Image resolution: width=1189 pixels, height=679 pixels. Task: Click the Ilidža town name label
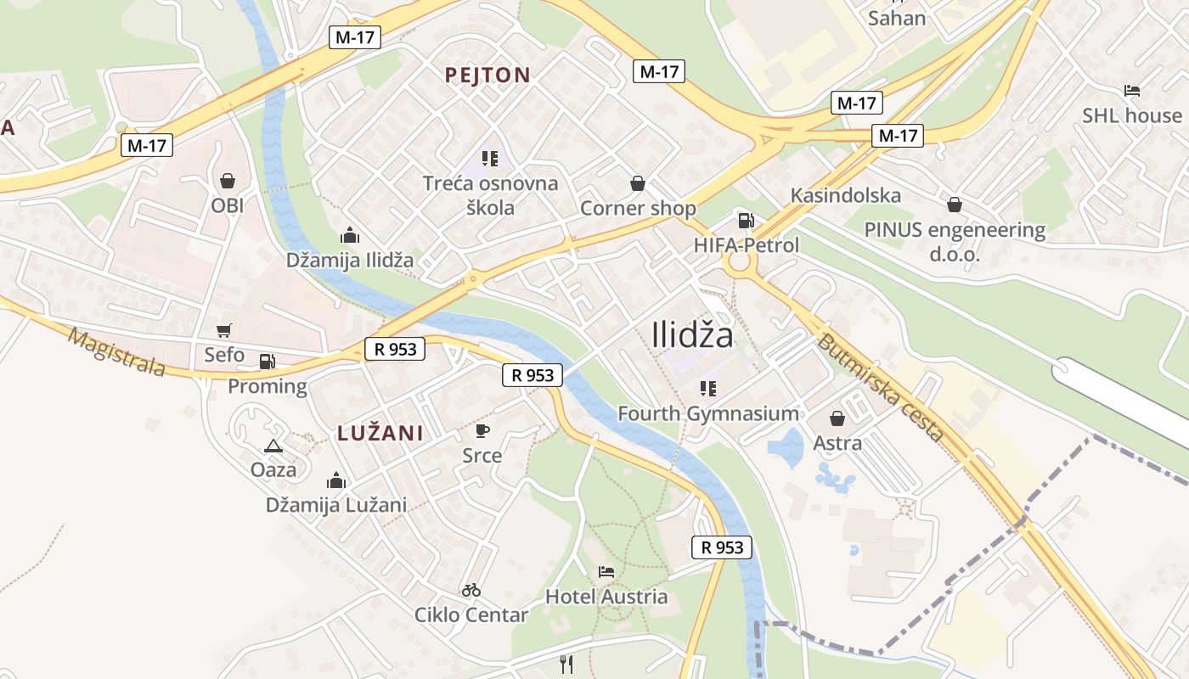[x=692, y=335]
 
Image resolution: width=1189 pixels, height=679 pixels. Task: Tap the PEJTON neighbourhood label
[x=487, y=75]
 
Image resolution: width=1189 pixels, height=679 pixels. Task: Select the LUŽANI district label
[x=380, y=433]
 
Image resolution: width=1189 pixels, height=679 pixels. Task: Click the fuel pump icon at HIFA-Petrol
[x=746, y=221]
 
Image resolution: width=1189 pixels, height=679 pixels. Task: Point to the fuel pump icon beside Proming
[x=267, y=362]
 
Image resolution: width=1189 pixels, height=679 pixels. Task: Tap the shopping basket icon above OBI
[x=227, y=181]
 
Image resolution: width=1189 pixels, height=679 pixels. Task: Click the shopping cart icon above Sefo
[x=223, y=331]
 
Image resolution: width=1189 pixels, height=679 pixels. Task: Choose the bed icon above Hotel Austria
[x=606, y=572]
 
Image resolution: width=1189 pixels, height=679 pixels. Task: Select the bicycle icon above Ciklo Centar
[x=471, y=590]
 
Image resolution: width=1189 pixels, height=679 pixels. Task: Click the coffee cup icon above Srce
[x=482, y=431]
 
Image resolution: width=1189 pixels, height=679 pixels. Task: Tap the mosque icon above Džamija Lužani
[x=336, y=480]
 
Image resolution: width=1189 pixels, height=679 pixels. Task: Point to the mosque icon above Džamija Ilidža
[x=349, y=236]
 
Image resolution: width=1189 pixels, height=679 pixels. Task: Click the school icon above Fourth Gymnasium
[x=707, y=389]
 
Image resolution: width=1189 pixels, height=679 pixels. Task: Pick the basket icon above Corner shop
[x=637, y=183]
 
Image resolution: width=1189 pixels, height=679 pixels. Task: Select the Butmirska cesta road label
[x=880, y=388]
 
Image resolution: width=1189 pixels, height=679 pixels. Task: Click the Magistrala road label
[x=116, y=352]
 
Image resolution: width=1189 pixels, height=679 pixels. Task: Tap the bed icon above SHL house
[x=1131, y=91]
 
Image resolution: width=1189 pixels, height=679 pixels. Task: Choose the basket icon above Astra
[x=837, y=418]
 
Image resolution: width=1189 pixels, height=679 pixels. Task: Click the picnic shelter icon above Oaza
[x=273, y=446]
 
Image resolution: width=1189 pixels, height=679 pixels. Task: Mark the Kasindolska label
[x=845, y=195]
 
